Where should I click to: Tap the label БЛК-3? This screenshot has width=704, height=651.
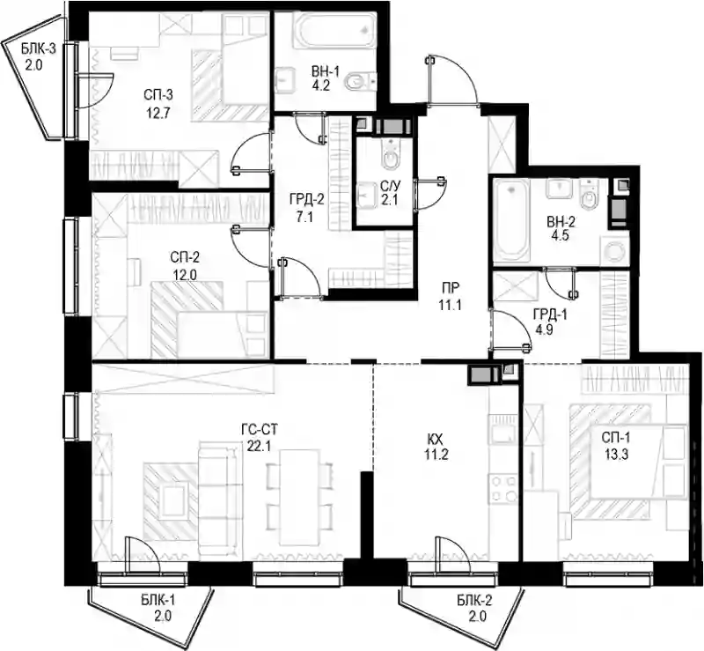point(39,48)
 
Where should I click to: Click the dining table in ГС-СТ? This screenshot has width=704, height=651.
point(300,497)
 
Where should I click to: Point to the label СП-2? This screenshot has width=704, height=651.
point(185,257)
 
